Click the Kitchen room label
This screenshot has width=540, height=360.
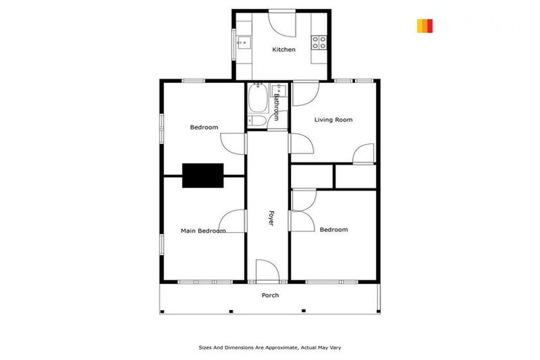pyautogui.click(x=284, y=49)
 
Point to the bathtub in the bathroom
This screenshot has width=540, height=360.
pyautogui.click(x=256, y=100)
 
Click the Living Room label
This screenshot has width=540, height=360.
pyautogui.click(x=333, y=120)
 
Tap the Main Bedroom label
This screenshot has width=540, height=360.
pyautogui.click(x=203, y=231)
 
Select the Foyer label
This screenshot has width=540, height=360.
pyautogui.click(x=269, y=218)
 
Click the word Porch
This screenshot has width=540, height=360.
pyautogui.click(x=270, y=295)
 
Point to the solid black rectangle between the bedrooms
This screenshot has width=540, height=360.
pyautogui.click(x=203, y=175)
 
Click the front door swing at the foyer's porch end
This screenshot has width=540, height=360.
pyautogui.click(x=267, y=271)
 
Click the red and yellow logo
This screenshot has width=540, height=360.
pyautogui.click(x=425, y=26)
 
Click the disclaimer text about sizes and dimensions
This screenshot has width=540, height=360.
pyautogui.click(x=269, y=347)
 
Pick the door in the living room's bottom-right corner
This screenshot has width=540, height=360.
pyautogui.click(x=364, y=154)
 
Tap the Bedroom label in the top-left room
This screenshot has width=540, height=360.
pyautogui.click(x=204, y=127)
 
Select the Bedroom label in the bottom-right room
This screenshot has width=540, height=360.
pyautogui.click(x=333, y=230)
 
